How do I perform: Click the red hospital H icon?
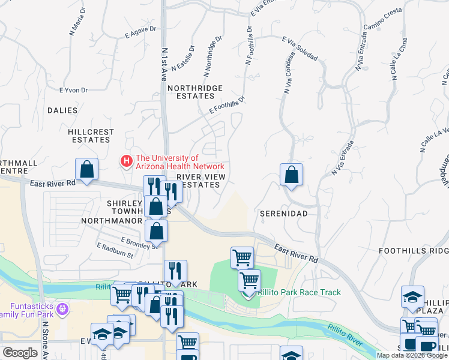126,161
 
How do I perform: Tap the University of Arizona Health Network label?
180,162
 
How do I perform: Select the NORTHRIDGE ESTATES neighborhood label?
194,92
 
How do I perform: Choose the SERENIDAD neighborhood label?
283,214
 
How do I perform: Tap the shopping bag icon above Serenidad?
291,175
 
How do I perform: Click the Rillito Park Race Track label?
299,292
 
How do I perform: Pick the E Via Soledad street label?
300,48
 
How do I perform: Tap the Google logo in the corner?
20,353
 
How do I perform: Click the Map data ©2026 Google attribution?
412,355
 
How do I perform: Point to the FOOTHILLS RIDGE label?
414,250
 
